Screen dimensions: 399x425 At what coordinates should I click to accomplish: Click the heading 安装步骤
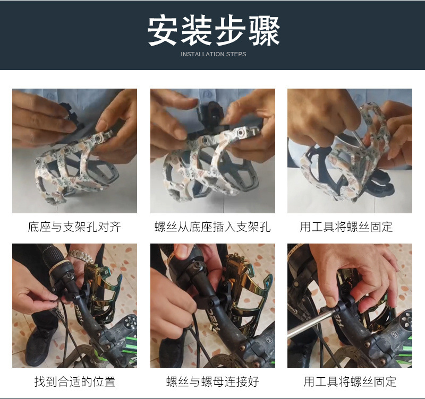213,31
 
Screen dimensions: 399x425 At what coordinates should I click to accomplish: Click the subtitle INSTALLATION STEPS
213,54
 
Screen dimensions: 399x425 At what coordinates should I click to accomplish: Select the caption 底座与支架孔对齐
74,227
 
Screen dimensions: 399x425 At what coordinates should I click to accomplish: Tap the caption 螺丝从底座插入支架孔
212,227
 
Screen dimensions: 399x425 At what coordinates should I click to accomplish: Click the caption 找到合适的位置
74,381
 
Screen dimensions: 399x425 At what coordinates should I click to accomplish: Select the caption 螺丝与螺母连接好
212,381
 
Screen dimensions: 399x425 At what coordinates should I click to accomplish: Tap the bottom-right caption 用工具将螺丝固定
350,381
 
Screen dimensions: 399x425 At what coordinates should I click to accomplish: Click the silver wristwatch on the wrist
81,256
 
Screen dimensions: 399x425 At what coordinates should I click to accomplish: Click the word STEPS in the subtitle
236,54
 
